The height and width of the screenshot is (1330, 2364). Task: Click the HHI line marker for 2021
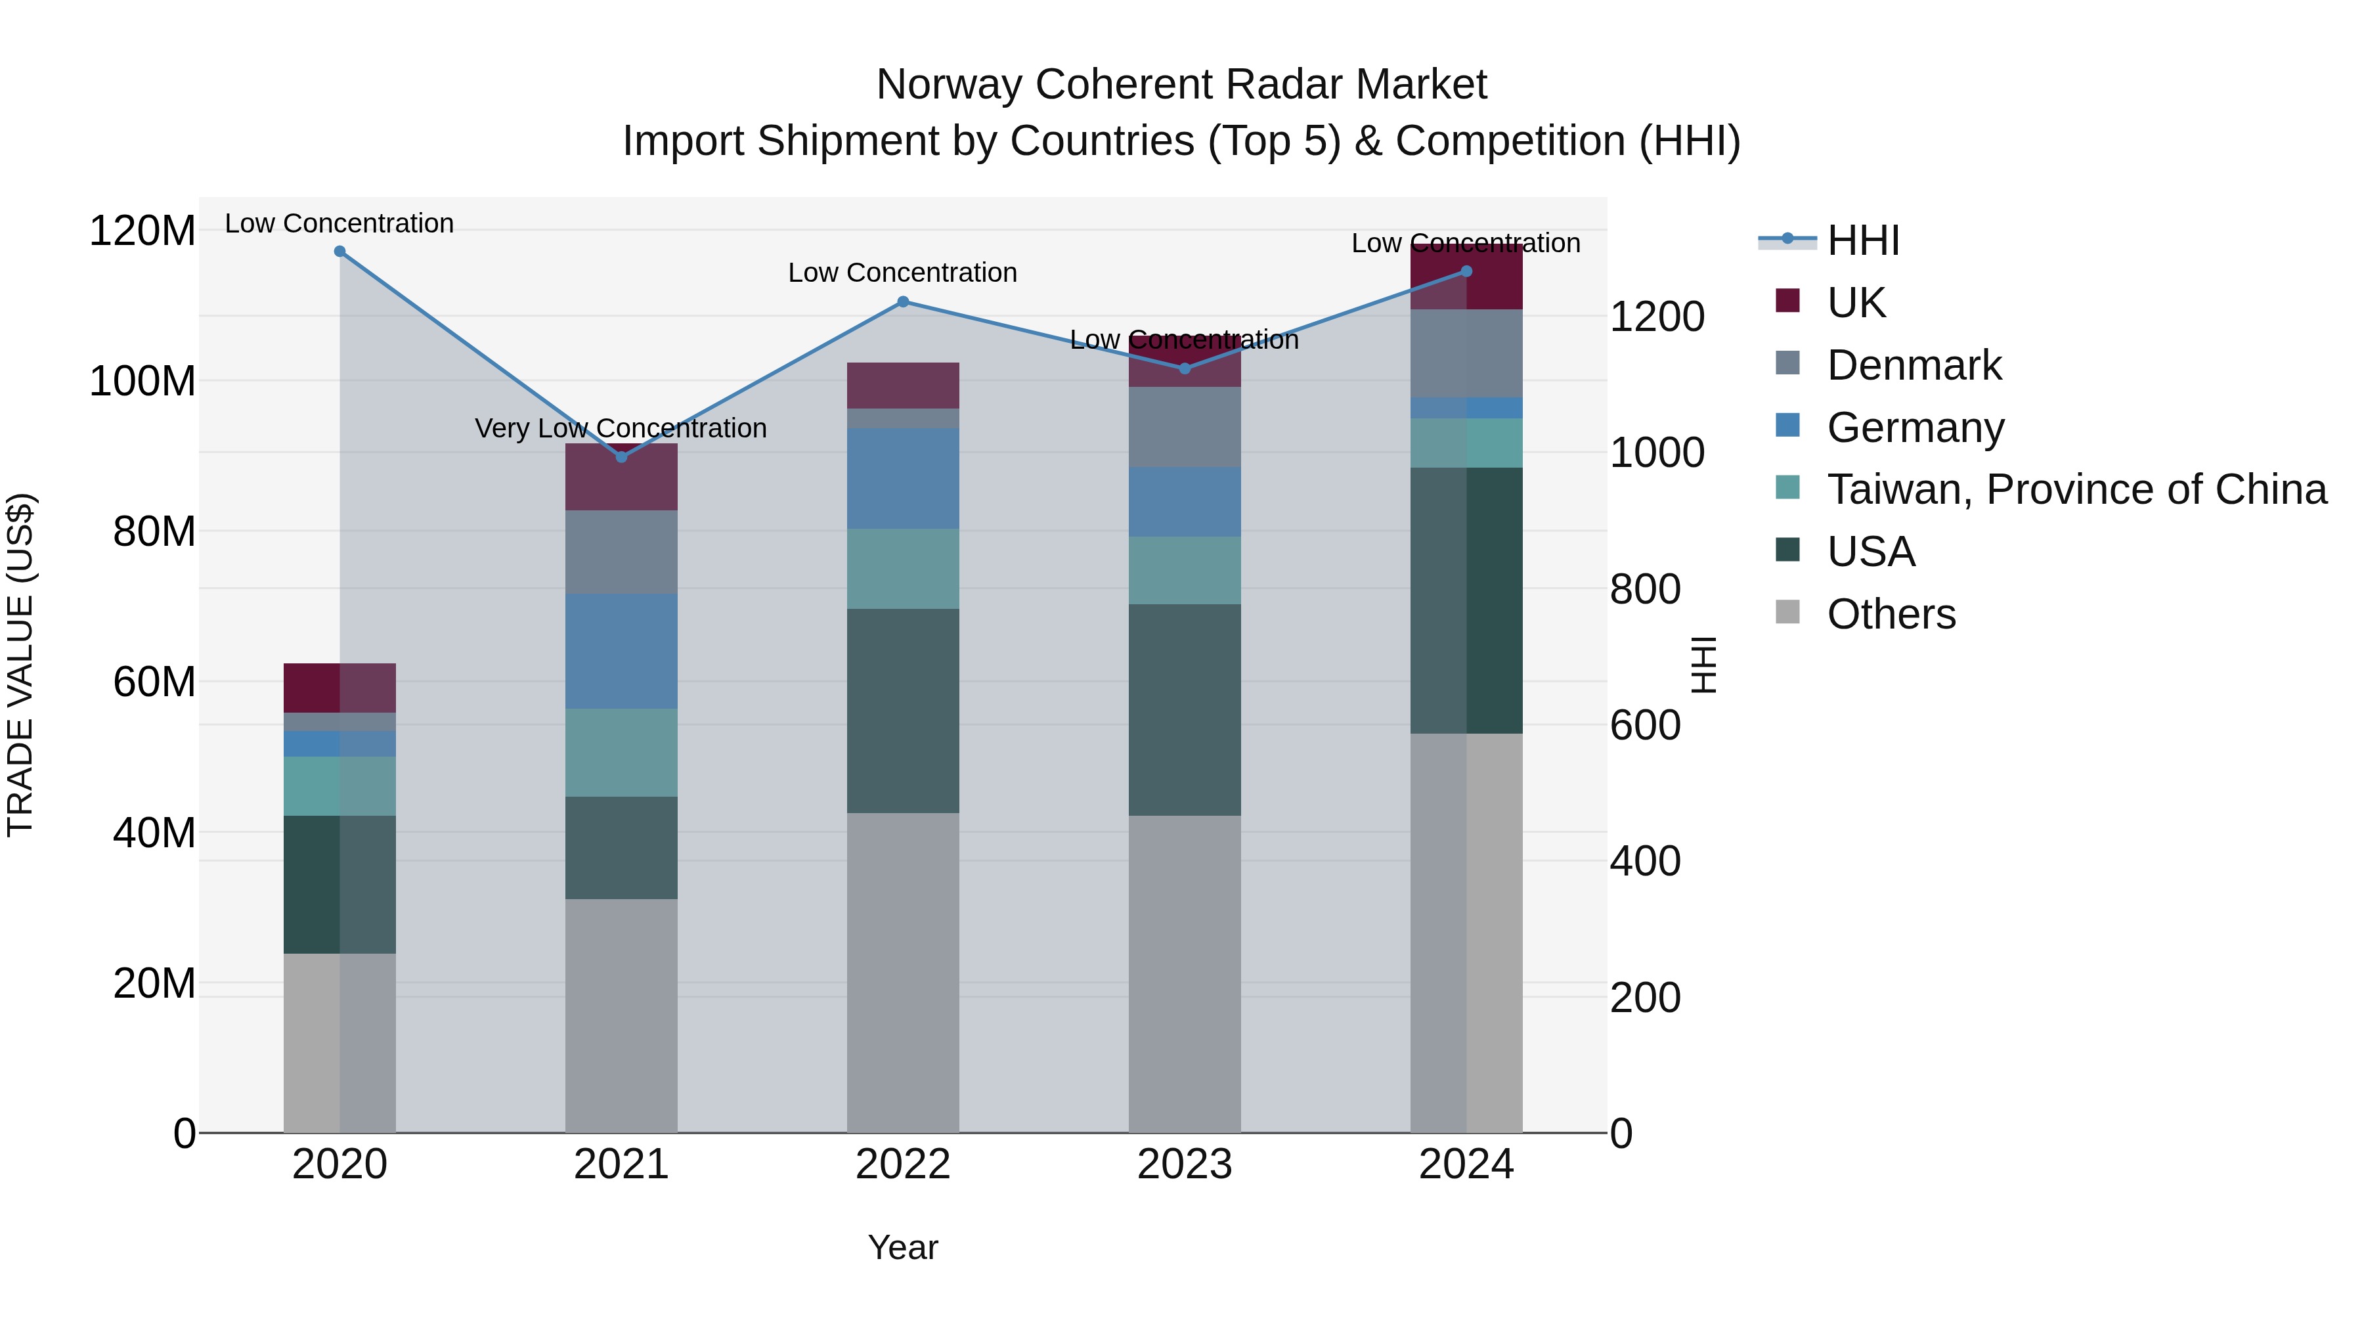click(621, 456)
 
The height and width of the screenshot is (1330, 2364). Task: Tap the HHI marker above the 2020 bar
click(339, 252)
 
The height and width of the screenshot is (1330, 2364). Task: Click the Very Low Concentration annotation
click(621, 429)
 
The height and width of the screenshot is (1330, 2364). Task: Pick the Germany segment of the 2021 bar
click(621, 651)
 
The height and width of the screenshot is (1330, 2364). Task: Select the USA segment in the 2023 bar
click(1184, 709)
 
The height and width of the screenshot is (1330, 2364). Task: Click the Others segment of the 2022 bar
click(903, 972)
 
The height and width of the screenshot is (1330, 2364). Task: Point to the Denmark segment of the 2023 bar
click(1184, 427)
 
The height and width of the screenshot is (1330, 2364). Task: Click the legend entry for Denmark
click(1914, 365)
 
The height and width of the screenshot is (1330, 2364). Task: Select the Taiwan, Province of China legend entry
click(2076, 489)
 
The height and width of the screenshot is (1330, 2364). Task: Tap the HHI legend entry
click(1862, 240)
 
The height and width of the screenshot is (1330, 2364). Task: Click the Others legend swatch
click(1787, 612)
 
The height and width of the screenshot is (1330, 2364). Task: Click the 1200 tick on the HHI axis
click(1657, 317)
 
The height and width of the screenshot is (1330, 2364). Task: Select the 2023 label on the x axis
click(1184, 1164)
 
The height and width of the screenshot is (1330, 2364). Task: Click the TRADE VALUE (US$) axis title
click(21, 665)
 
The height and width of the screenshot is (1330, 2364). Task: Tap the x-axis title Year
click(903, 1247)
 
